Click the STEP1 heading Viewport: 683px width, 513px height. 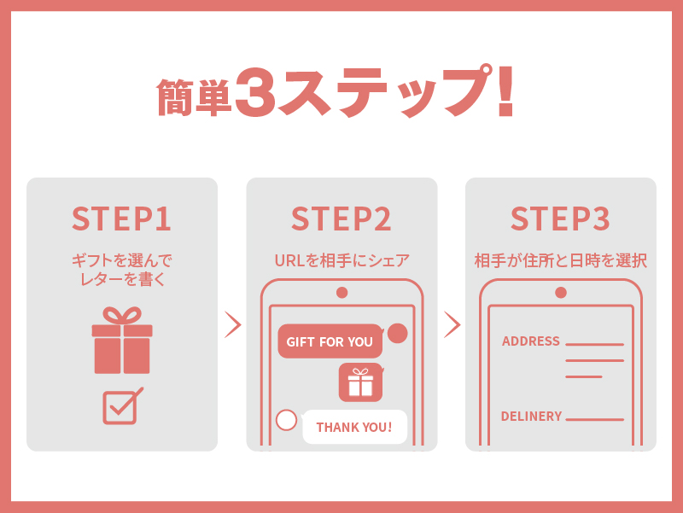121,219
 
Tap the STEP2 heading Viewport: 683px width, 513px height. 341,219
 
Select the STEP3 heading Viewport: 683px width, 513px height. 561,219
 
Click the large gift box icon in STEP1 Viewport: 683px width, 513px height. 122,340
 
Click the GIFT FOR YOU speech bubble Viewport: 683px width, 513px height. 330,341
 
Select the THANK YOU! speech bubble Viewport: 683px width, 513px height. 354,427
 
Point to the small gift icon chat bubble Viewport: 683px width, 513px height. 361,382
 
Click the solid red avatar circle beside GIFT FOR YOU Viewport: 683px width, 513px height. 397,334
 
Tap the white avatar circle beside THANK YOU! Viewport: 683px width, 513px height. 286,420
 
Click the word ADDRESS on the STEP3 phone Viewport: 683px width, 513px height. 530,341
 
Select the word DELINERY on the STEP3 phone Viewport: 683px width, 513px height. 531,417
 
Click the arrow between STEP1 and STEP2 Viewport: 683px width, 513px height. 233,324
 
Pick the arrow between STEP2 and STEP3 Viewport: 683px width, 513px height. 452,324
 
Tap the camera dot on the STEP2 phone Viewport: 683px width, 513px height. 342,293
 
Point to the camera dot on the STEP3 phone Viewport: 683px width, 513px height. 561,293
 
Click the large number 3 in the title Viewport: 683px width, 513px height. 255,92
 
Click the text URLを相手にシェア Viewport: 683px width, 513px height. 342,260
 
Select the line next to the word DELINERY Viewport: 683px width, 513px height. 594,419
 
